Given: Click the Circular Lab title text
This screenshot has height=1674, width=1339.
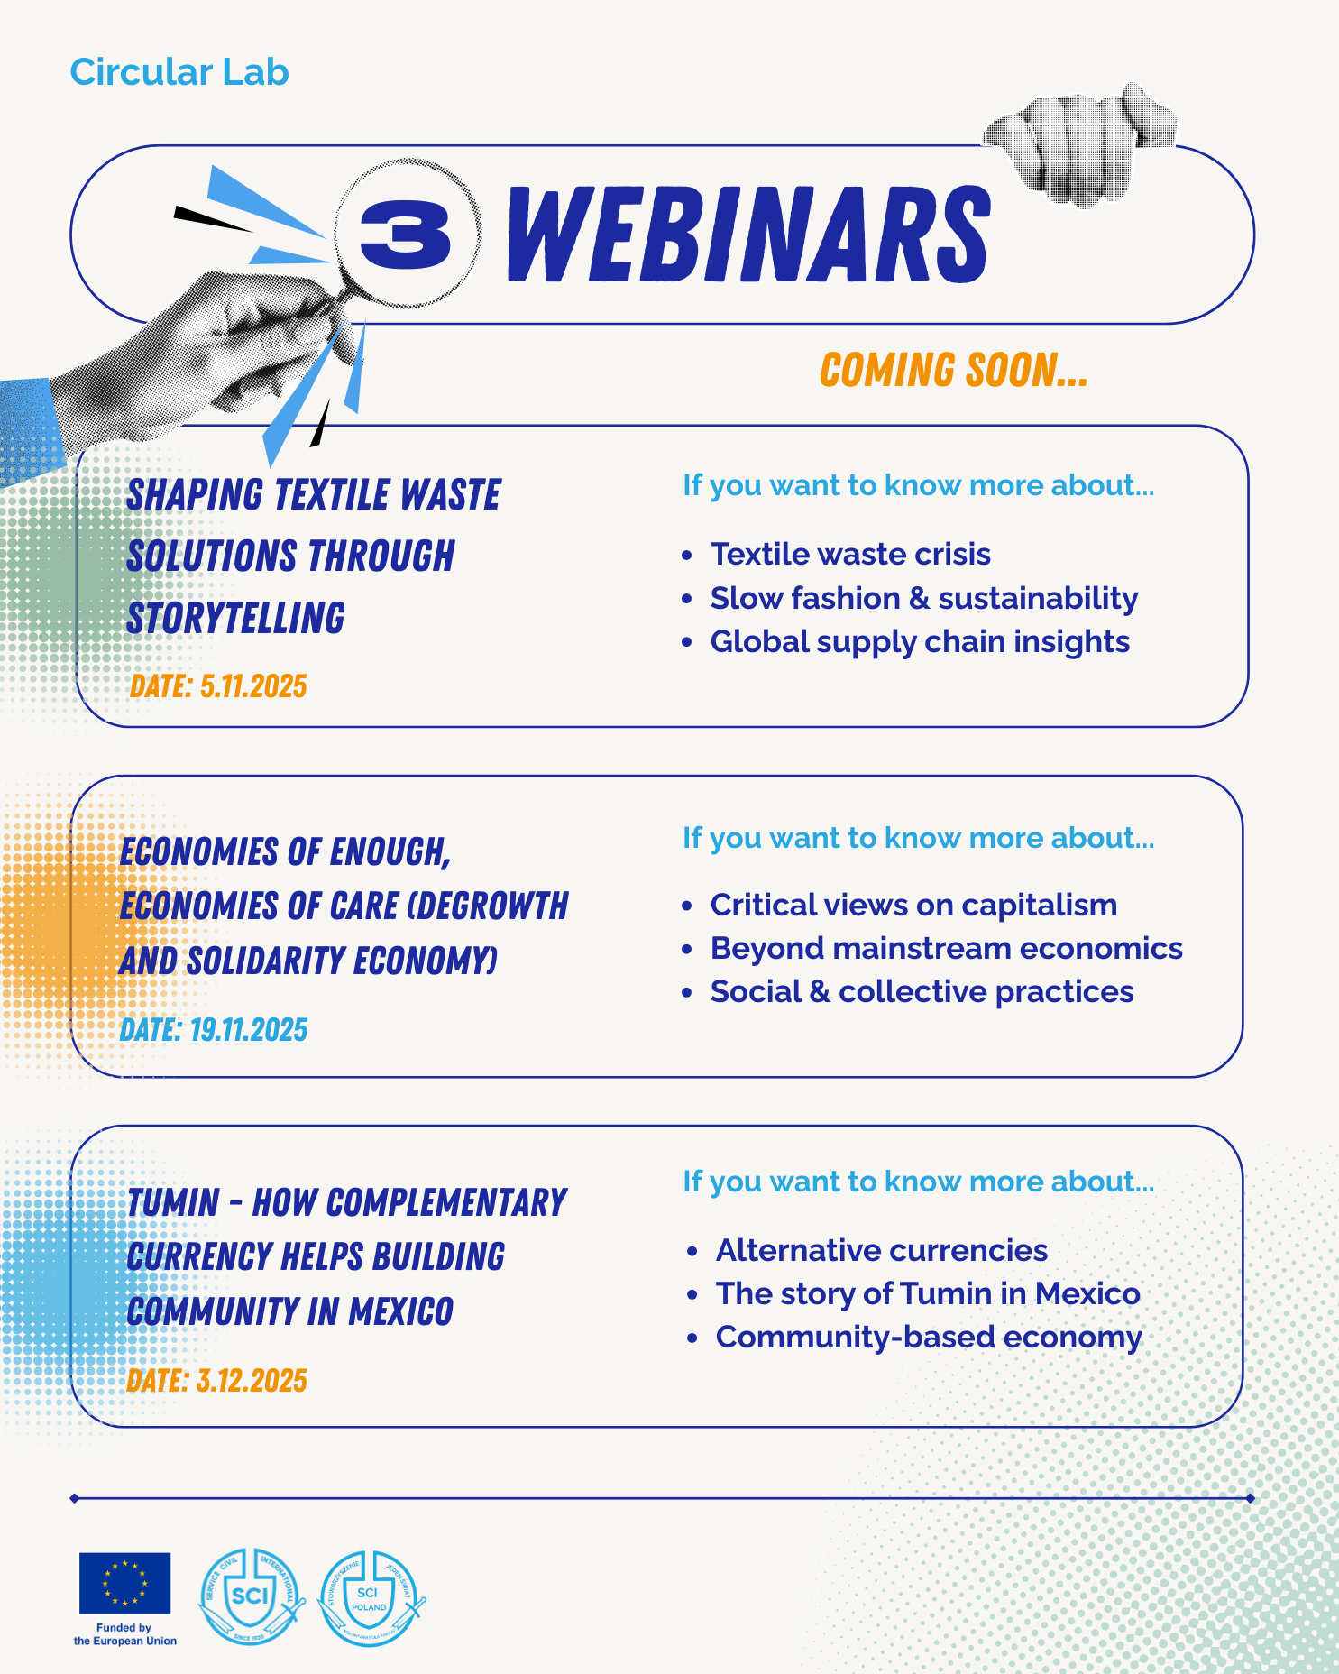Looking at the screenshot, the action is (x=179, y=72).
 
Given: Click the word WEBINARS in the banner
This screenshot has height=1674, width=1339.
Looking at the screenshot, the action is (x=748, y=234).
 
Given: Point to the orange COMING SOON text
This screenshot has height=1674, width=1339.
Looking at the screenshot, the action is (x=953, y=371).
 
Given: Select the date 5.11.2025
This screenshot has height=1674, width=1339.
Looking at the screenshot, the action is (x=253, y=686).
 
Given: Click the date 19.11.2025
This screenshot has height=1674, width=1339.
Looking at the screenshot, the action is (x=249, y=1029).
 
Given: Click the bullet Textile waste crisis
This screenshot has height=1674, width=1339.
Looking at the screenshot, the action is (x=850, y=554).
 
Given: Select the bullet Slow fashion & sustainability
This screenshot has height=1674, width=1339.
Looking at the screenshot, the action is (x=923, y=598).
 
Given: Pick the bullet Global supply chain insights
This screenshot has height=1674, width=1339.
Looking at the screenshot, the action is (x=920, y=641).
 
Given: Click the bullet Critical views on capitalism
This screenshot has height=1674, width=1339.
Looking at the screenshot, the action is (x=913, y=905).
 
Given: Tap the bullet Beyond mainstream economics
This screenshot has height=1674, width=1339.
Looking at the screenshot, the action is (x=946, y=948).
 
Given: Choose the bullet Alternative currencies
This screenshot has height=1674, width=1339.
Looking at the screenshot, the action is (x=882, y=1250).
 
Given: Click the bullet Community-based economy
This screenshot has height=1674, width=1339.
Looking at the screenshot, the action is (x=929, y=1337).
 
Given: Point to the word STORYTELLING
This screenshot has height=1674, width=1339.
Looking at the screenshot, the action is (x=235, y=619).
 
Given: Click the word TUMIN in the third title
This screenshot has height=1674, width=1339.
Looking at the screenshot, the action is (x=173, y=1202).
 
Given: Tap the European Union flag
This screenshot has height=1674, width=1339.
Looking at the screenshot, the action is (x=124, y=1583).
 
